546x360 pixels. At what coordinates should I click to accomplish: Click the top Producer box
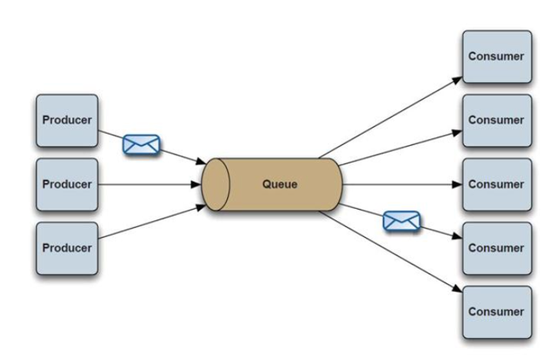[x=67, y=120]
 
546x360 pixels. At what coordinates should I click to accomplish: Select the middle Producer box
[x=67, y=184]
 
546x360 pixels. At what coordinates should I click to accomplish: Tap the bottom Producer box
[x=67, y=248]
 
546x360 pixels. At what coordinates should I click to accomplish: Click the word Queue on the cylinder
[x=280, y=184]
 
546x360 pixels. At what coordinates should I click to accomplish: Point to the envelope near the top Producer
[x=142, y=144]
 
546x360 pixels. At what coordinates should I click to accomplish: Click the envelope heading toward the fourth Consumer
[x=402, y=221]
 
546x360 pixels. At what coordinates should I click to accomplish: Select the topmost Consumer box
[x=497, y=57]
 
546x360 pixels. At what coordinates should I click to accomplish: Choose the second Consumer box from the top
[x=497, y=120]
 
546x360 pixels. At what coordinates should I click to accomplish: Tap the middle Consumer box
[x=497, y=184]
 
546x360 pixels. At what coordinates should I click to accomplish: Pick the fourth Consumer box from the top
[x=497, y=248]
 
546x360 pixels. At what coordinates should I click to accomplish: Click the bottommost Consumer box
[x=497, y=312]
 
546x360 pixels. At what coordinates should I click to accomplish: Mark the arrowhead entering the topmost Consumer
[x=457, y=80]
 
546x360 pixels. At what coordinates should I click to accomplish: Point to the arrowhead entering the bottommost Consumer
[x=457, y=288]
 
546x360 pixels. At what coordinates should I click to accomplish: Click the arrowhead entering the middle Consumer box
[x=457, y=184]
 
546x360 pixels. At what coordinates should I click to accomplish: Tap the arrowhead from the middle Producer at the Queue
[x=196, y=184]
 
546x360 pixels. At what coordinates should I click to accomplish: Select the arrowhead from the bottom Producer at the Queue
[x=201, y=208]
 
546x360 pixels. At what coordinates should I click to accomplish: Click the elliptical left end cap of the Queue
[x=216, y=184]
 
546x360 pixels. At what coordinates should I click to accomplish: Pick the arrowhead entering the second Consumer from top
[x=457, y=132]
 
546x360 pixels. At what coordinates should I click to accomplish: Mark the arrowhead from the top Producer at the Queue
[x=201, y=161]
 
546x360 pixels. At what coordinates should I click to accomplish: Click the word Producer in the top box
[x=67, y=120]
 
